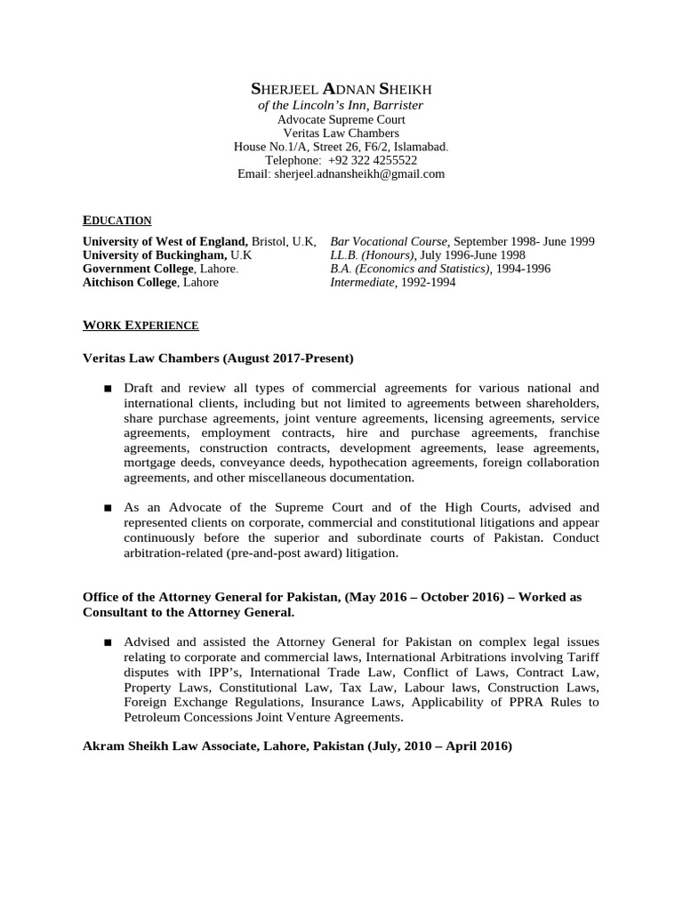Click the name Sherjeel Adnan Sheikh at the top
click(341, 89)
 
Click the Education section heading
click(117, 221)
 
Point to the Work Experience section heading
click(141, 326)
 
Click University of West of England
click(165, 241)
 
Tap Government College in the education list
click(138, 269)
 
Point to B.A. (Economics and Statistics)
click(410, 269)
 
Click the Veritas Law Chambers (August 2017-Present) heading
click(218, 359)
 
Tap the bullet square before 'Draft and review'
click(108, 389)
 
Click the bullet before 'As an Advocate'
click(108, 508)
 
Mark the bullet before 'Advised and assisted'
click(108, 641)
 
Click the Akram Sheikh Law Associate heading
click(297, 746)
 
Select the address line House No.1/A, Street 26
click(341, 146)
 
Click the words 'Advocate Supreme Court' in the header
click(341, 118)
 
